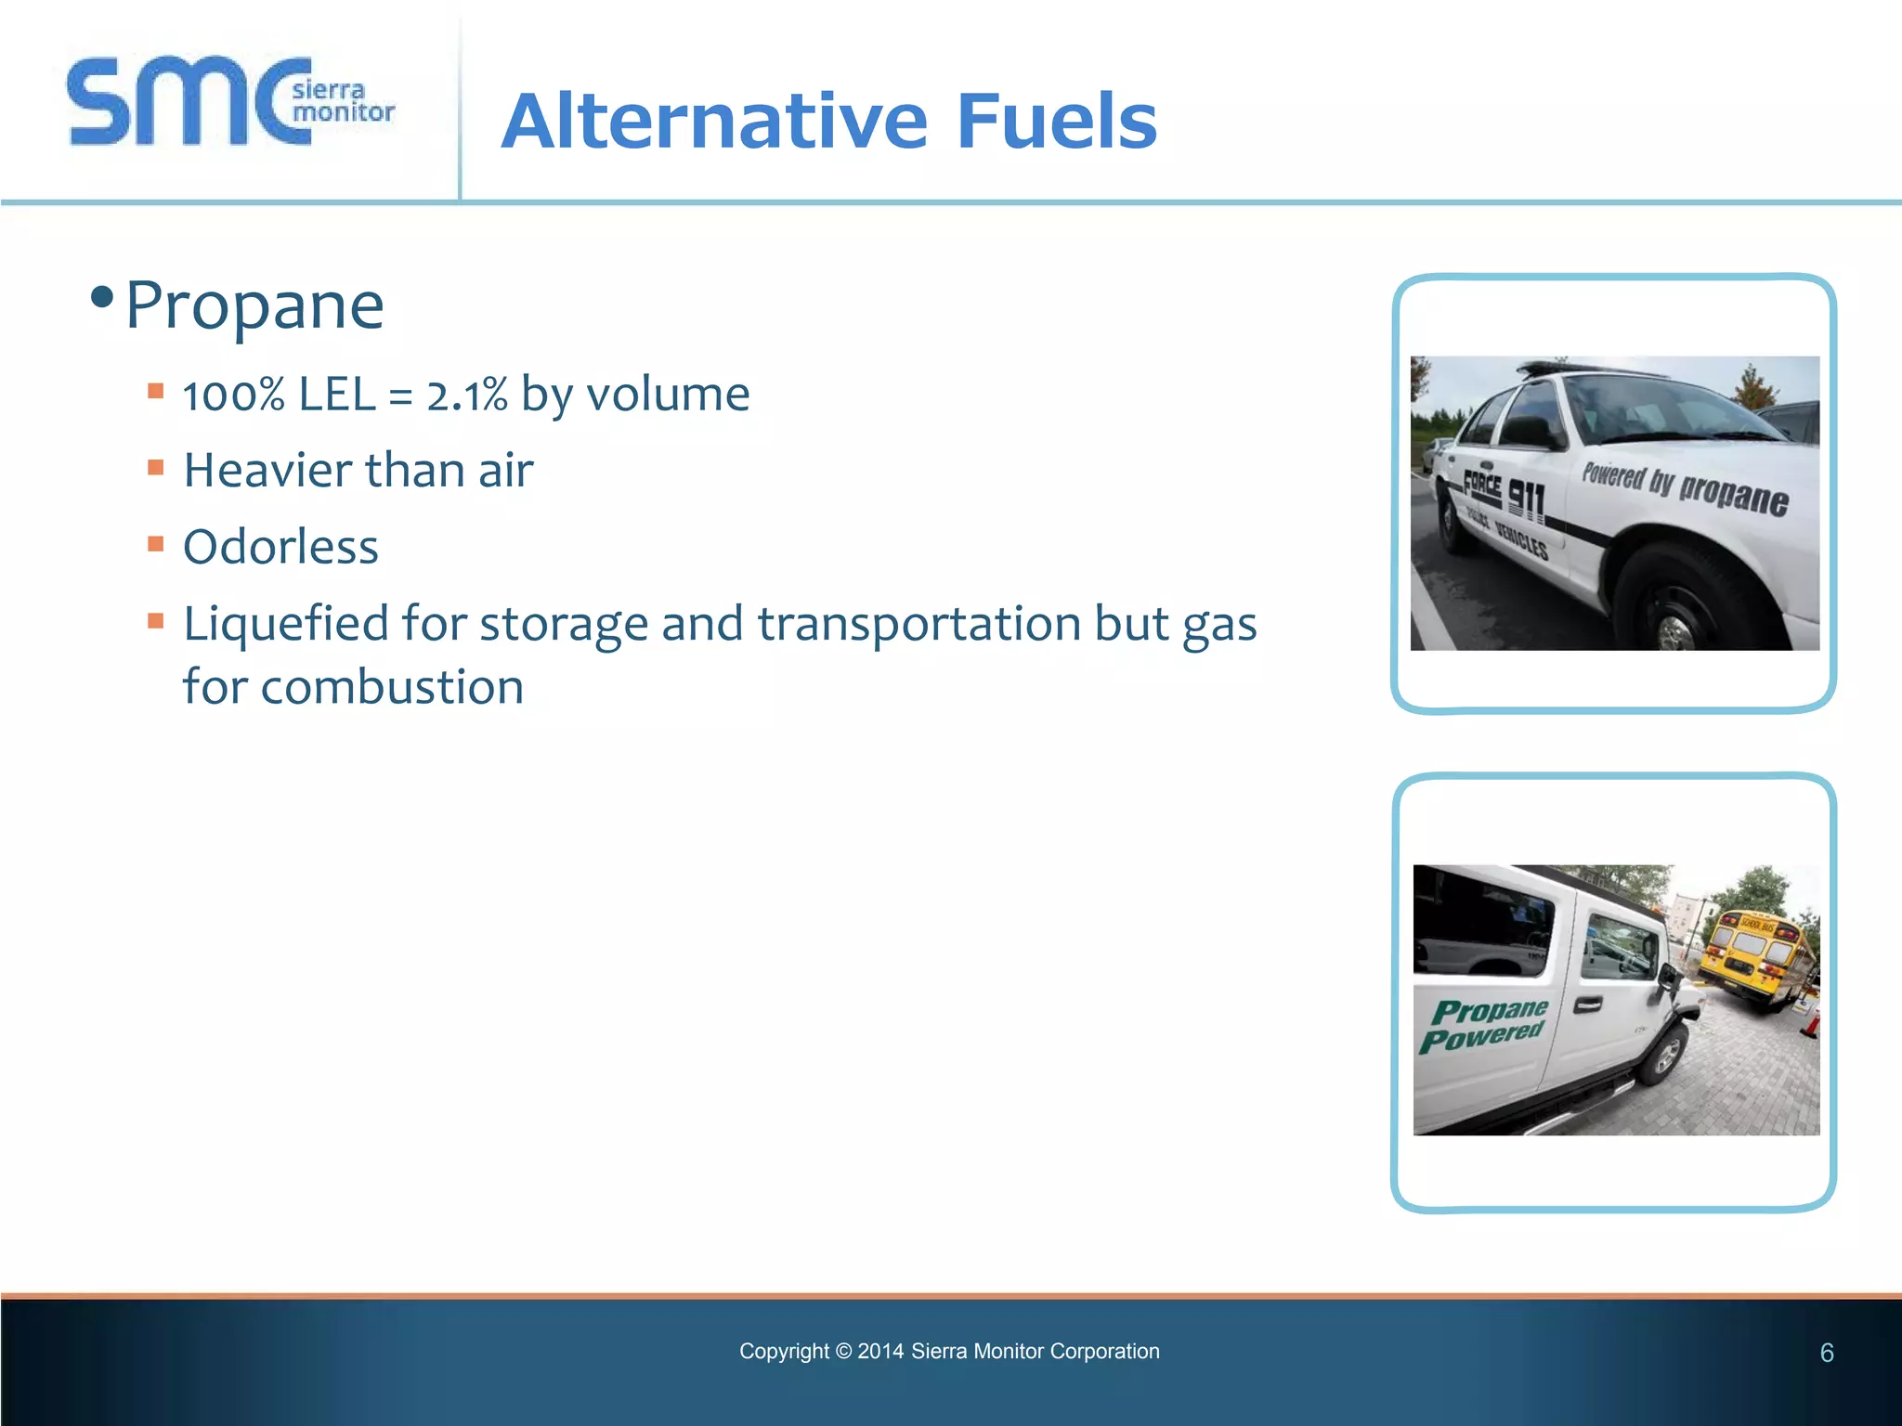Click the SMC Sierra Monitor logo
point(230,102)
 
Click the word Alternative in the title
point(714,122)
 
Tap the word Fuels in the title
point(1056,122)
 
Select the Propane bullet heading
point(254,305)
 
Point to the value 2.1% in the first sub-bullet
point(467,395)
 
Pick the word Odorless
point(280,547)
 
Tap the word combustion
point(392,688)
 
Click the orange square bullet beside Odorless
point(156,543)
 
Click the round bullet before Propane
point(102,298)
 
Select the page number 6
point(1826,1353)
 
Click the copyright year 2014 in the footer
point(879,1352)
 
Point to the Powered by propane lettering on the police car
point(1685,488)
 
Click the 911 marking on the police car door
point(1526,499)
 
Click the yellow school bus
point(1754,956)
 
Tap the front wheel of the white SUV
point(1664,1056)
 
